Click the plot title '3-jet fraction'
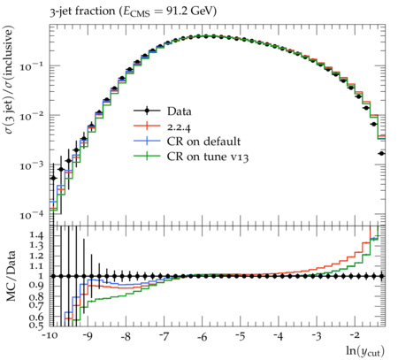[x=82, y=11]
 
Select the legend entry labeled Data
[x=163, y=111]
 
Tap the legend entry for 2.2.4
[x=162, y=126]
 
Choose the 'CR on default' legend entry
[x=187, y=142]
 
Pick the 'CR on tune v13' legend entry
[x=191, y=157]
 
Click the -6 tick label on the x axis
[x=202, y=336]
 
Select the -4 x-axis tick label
[x=279, y=336]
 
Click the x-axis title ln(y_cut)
[x=365, y=351]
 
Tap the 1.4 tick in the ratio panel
[x=37, y=235]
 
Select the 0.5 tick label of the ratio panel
[x=37, y=326]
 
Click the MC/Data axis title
[x=11, y=276]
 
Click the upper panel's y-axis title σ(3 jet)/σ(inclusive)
[x=10, y=80]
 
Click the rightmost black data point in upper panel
[x=381, y=153]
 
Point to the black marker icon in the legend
[x=147, y=111]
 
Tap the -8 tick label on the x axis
[x=126, y=336]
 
